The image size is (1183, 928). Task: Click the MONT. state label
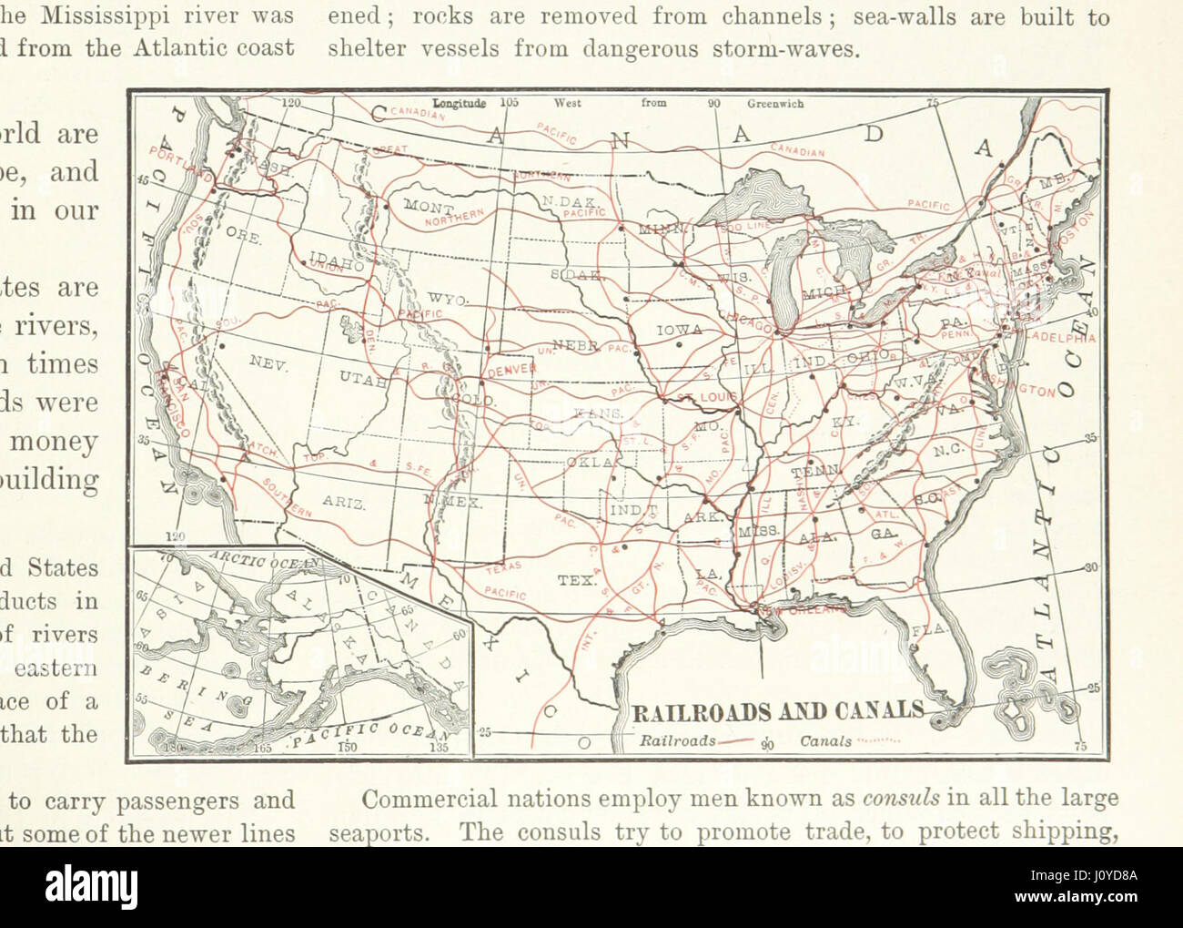[423, 206]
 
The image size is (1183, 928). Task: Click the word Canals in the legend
[825, 741]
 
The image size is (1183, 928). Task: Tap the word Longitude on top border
[460, 104]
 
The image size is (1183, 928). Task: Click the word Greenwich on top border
[775, 104]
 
